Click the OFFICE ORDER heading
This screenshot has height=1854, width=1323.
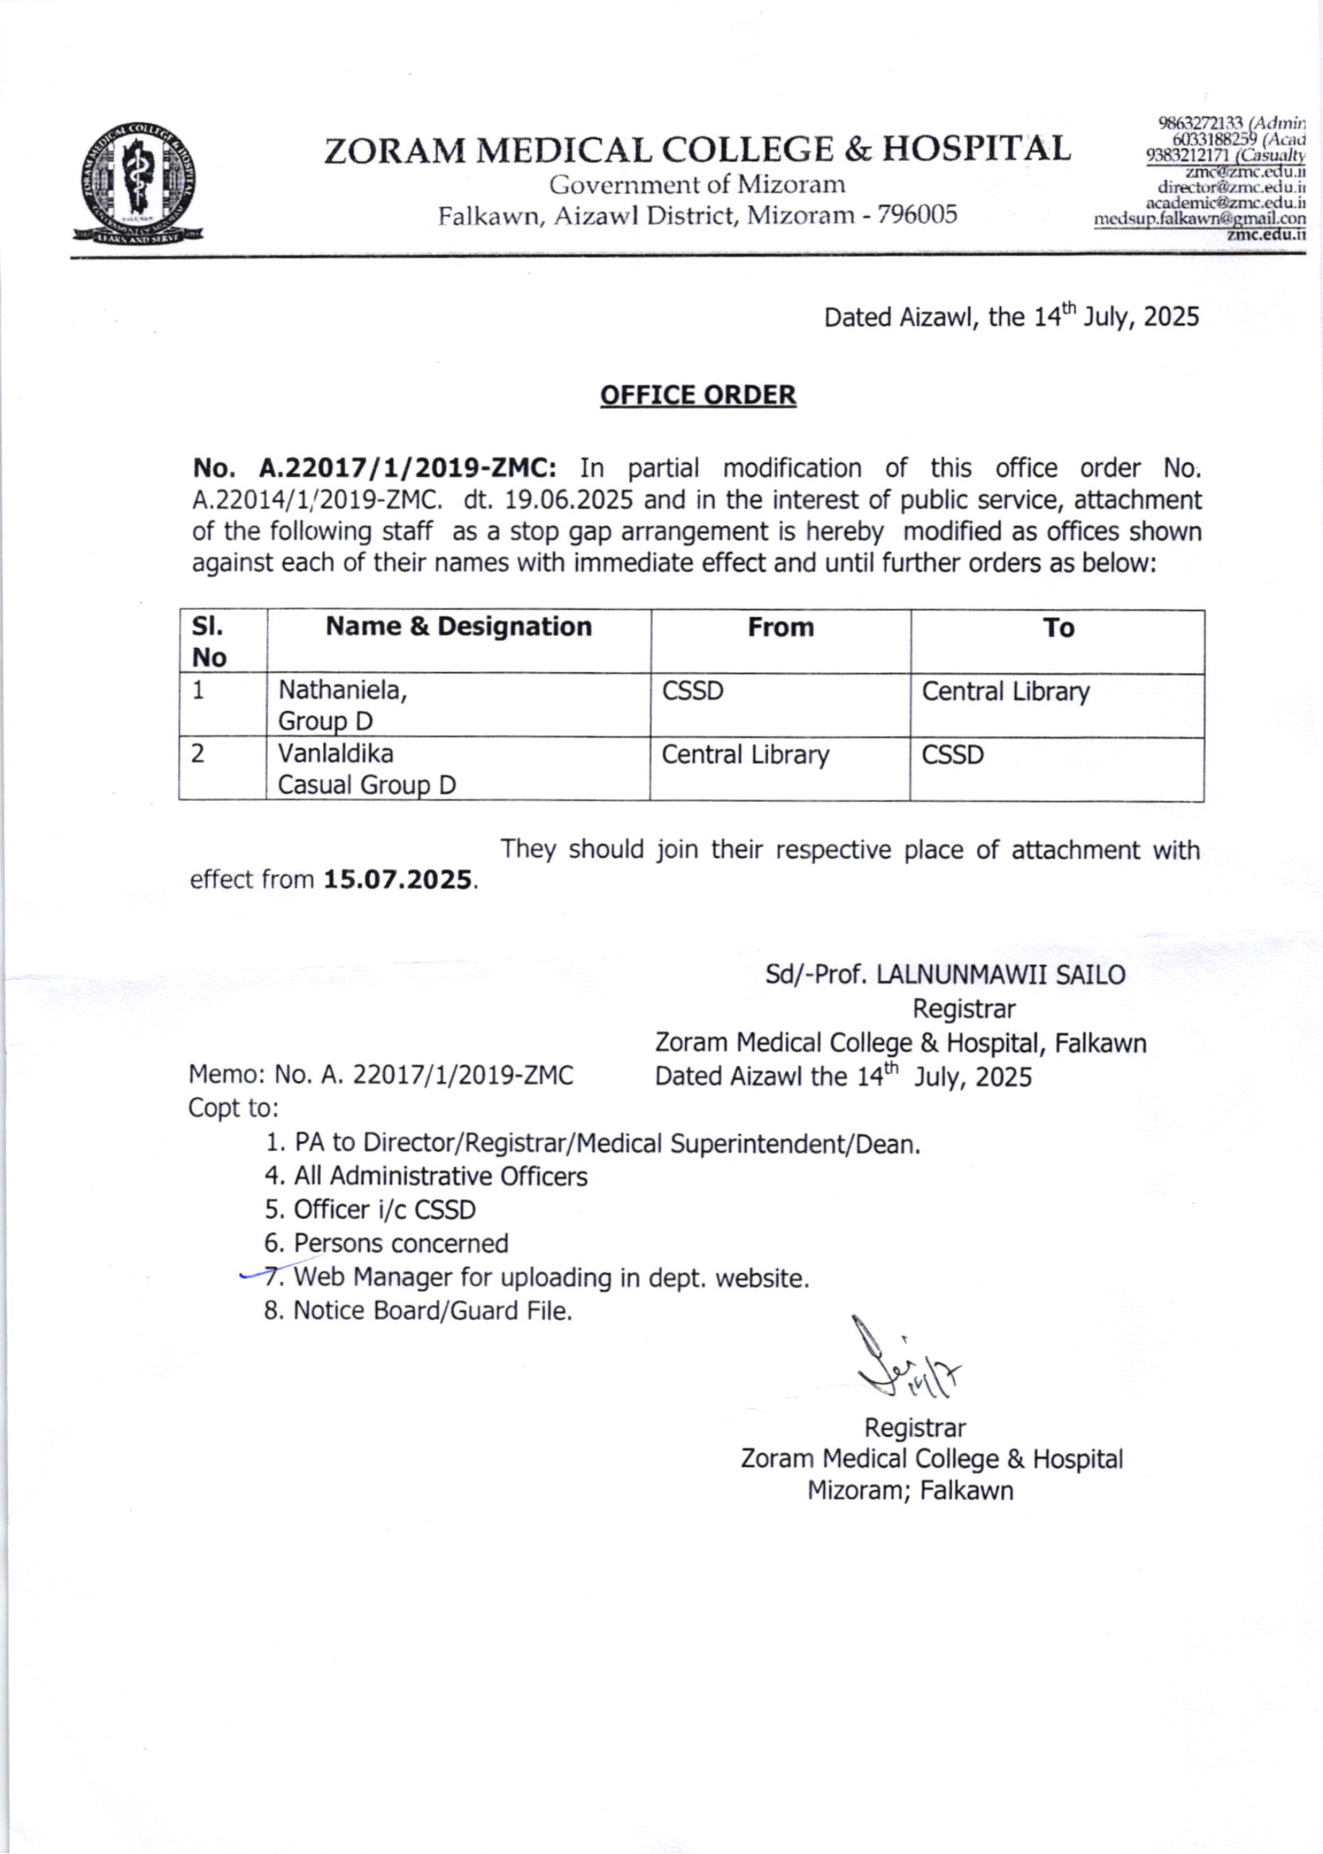pos(697,395)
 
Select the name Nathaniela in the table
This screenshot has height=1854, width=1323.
pos(342,691)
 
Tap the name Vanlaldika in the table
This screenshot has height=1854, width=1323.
pos(336,753)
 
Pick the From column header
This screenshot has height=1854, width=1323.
pos(780,627)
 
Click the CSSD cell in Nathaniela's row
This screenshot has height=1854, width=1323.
pos(692,691)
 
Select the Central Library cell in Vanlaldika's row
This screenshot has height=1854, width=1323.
pos(745,755)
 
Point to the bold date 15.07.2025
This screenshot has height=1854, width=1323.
pos(398,880)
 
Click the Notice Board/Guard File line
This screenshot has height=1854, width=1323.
pos(418,1311)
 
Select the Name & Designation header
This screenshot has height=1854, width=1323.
pos(458,626)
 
